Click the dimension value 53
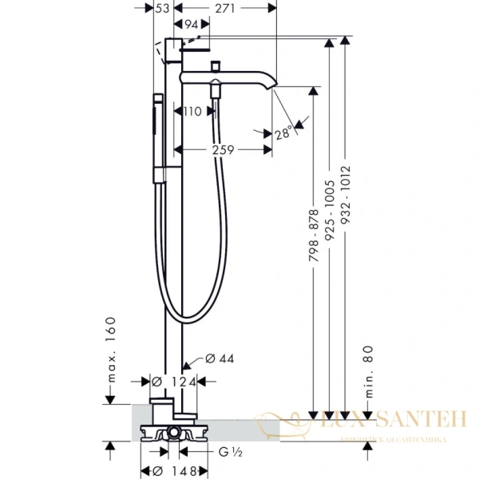[x=163, y=8]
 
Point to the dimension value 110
[x=192, y=113]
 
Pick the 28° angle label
[x=283, y=135]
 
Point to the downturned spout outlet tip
[x=274, y=89]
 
